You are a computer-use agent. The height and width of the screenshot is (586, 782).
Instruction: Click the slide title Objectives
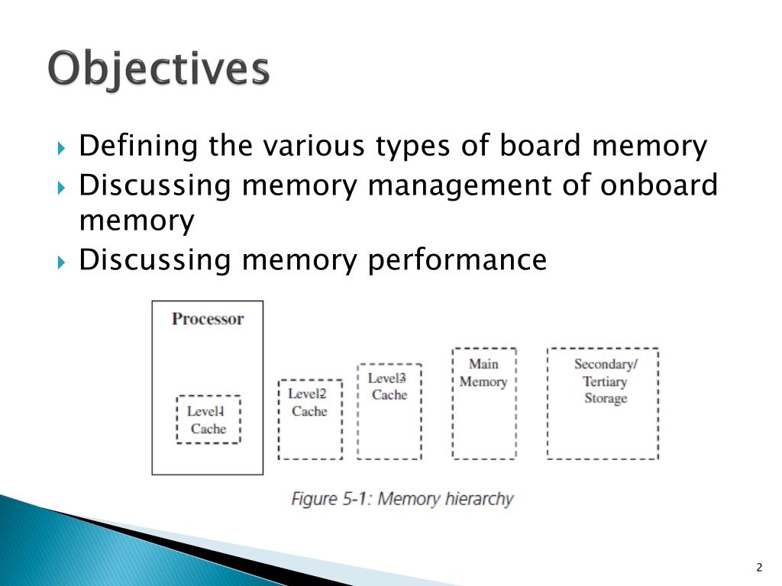click(159, 69)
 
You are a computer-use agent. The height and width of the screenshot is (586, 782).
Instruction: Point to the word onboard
click(658, 185)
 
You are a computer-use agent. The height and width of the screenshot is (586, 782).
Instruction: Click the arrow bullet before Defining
click(63, 146)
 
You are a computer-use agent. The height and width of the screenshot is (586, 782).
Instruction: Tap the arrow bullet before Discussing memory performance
click(63, 261)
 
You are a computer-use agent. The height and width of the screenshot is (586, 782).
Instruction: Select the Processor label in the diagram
click(208, 319)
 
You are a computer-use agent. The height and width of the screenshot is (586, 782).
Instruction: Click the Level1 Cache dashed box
click(208, 420)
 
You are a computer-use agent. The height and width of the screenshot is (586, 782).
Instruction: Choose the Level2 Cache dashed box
click(309, 419)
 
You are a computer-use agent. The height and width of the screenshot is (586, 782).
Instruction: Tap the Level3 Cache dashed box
click(389, 411)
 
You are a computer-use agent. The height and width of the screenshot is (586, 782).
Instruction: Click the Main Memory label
click(483, 373)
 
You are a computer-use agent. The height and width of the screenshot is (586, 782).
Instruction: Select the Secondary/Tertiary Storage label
click(605, 381)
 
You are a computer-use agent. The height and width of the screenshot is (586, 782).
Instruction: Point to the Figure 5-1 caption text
click(402, 499)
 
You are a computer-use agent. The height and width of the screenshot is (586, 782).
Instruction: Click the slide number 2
click(759, 566)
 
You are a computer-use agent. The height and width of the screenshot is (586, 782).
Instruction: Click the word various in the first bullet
click(315, 146)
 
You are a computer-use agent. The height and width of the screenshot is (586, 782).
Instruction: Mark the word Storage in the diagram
click(605, 398)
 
